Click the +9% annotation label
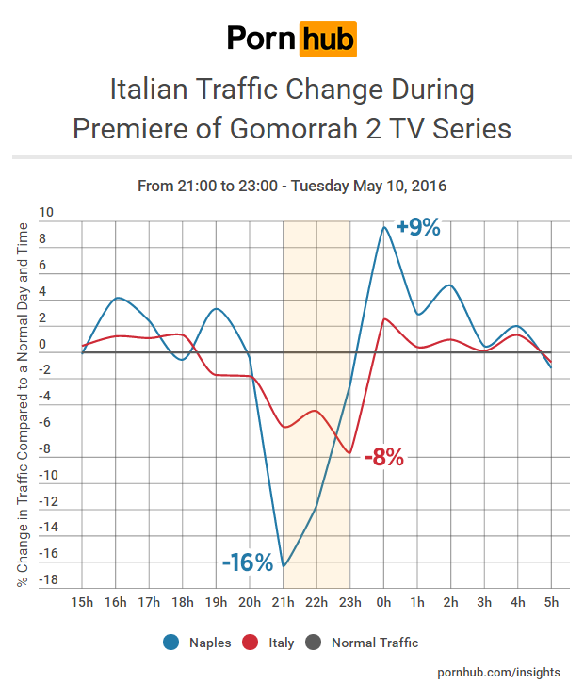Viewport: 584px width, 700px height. click(x=418, y=227)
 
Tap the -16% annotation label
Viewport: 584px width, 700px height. click(x=247, y=562)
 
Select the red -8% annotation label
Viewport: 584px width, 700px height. click(x=383, y=459)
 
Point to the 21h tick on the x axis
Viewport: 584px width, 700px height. click(x=284, y=601)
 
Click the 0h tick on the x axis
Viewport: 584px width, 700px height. click(x=383, y=601)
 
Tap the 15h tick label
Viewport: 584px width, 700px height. click(x=82, y=601)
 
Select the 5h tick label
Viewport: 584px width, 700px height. click(x=551, y=601)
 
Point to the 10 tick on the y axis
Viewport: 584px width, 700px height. click(x=47, y=214)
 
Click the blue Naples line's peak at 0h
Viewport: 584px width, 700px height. click(x=383, y=226)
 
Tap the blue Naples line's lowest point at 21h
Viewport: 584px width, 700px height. click(x=284, y=566)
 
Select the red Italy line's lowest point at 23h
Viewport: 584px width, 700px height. click(x=349, y=453)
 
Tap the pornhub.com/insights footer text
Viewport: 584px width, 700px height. click(x=499, y=672)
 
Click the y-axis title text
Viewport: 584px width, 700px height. click(x=23, y=405)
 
